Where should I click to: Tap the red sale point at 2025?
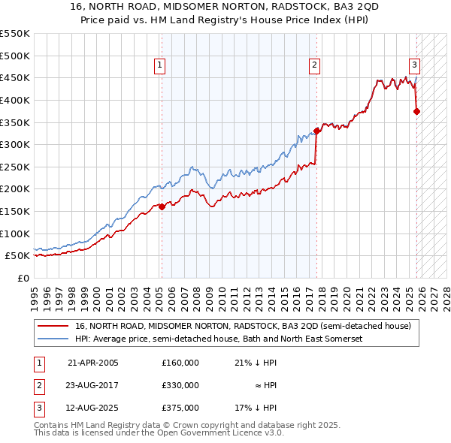click(x=417, y=112)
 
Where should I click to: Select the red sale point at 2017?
click(x=316, y=131)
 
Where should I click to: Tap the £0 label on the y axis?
click(x=22, y=278)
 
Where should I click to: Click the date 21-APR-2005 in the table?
click(x=93, y=363)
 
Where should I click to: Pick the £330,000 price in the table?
click(x=180, y=385)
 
